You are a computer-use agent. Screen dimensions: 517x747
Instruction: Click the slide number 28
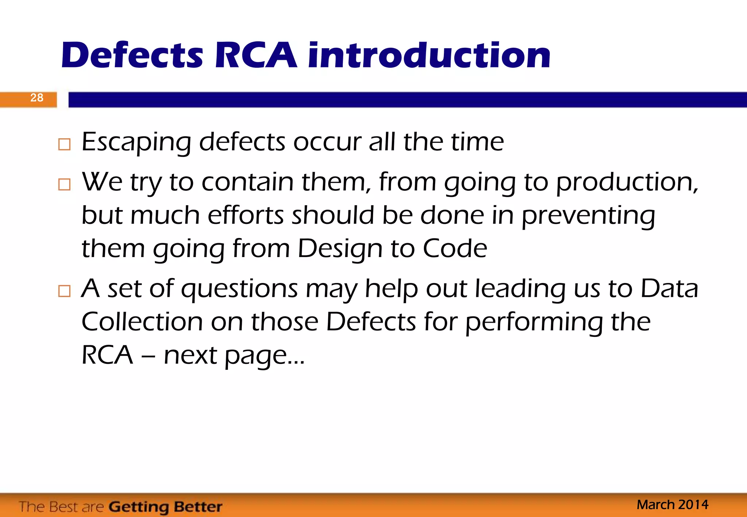pyautogui.click(x=37, y=98)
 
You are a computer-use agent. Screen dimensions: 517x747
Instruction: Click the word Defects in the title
pyautogui.click(x=132, y=55)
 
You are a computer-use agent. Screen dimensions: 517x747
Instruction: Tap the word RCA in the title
pyautogui.click(x=256, y=55)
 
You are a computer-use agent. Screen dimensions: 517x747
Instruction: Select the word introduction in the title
pyautogui.click(x=429, y=55)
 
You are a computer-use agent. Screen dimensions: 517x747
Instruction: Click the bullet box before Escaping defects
pyautogui.click(x=64, y=145)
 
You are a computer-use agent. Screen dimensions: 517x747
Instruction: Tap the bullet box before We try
pyautogui.click(x=64, y=184)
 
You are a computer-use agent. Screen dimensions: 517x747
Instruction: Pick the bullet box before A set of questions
pyautogui.click(x=64, y=291)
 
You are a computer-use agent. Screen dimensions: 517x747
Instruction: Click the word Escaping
pyautogui.click(x=136, y=142)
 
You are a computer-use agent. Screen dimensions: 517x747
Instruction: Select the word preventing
pyautogui.click(x=588, y=216)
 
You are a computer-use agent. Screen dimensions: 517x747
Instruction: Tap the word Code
pyautogui.click(x=455, y=249)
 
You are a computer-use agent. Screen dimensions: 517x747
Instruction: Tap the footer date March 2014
pyautogui.click(x=672, y=505)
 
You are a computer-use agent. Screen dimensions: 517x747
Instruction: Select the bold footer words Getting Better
pyautogui.click(x=166, y=507)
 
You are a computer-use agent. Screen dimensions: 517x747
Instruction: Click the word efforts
pyautogui.click(x=245, y=215)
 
